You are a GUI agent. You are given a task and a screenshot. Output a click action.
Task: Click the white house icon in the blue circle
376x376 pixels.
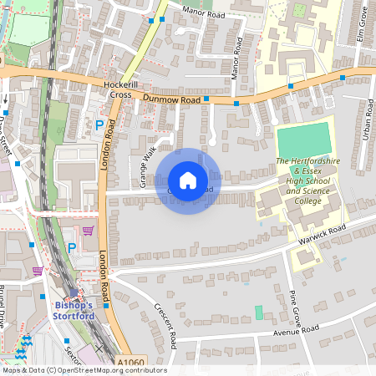pos(188,180)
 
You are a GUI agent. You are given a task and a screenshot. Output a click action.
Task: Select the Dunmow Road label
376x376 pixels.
pos(171,99)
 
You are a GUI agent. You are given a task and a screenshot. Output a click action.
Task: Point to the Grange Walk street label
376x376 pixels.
pos(148,166)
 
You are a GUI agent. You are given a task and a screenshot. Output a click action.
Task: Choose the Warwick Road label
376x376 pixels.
pos(322,235)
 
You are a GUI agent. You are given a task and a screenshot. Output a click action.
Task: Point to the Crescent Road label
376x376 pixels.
pos(165,325)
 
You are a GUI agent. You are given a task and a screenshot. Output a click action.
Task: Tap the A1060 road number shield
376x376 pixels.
pos(130,362)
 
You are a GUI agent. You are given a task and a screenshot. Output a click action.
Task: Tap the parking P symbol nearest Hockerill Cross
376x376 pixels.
pos(99,125)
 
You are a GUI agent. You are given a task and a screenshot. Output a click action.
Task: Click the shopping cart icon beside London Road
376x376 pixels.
pos(89,231)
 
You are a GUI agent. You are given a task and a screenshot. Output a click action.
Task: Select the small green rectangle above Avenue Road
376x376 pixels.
pos(258,312)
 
